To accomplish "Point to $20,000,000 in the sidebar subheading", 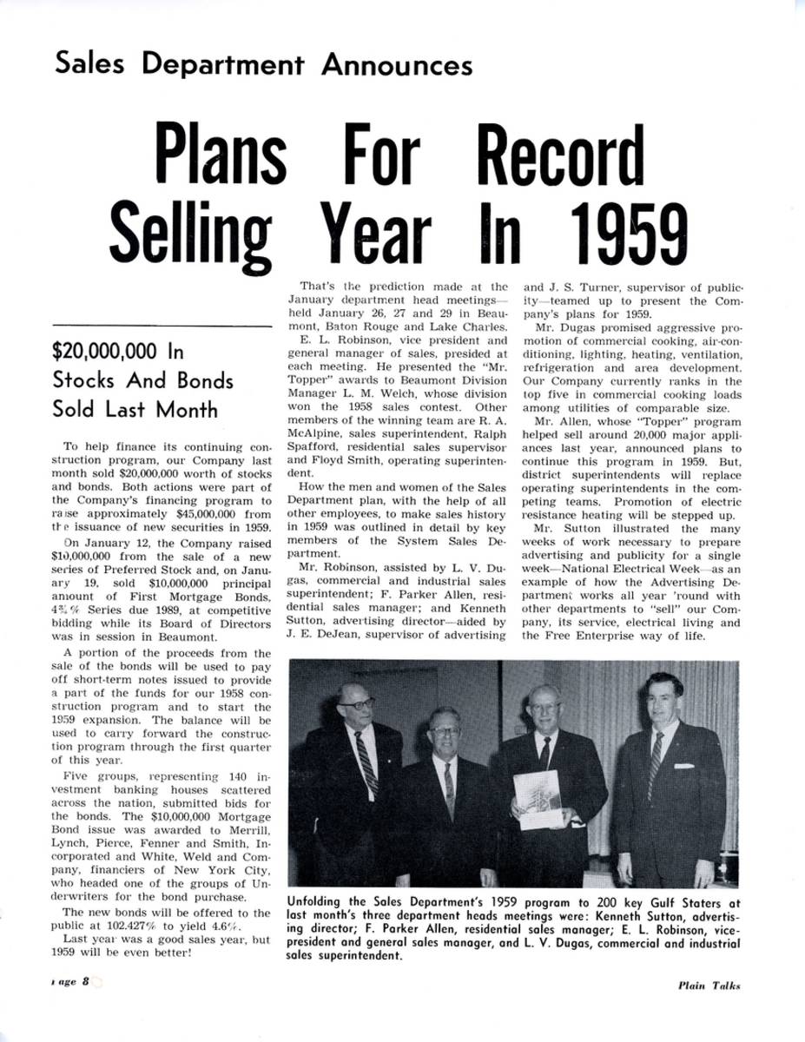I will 107,352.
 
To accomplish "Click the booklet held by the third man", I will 538,799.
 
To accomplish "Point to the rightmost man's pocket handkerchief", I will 684,765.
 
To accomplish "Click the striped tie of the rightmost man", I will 656,762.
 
